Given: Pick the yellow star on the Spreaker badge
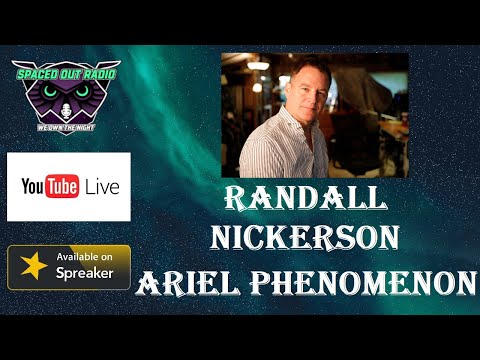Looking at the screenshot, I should pyautogui.click(x=32, y=267).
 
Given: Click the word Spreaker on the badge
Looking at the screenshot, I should pyautogui.click(x=85, y=274).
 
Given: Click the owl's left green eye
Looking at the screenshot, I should pyautogui.click(x=50, y=91).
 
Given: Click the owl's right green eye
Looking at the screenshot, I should pyautogui.click(x=82, y=91).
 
